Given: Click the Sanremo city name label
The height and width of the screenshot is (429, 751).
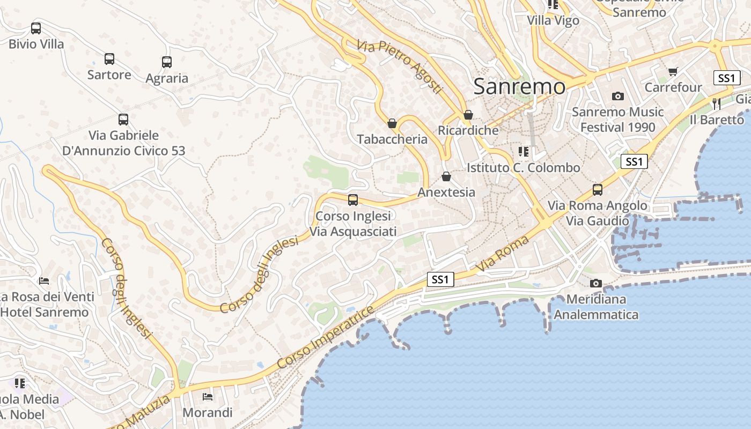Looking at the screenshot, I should pyautogui.click(x=519, y=86).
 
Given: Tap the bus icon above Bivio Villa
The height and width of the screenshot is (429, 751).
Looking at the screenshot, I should pyautogui.click(x=36, y=28).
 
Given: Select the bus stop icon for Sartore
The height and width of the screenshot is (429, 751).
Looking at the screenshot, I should pyautogui.click(x=109, y=59).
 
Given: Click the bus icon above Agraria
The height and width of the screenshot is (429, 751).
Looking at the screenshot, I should pyautogui.click(x=167, y=62).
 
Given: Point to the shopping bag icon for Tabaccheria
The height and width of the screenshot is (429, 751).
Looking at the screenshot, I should pyautogui.click(x=392, y=123).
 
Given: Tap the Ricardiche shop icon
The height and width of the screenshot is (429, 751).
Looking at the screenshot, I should pyautogui.click(x=468, y=115).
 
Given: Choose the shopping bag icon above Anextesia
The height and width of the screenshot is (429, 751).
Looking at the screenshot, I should pyautogui.click(x=446, y=176).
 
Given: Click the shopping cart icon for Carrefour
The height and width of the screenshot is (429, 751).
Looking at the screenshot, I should pyautogui.click(x=673, y=71).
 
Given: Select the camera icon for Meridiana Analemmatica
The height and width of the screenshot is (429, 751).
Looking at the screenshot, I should pyautogui.click(x=595, y=283).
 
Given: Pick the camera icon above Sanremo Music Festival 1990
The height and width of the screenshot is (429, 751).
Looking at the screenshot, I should pyautogui.click(x=618, y=97).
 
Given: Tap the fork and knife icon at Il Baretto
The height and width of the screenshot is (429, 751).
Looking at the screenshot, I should pyautogui.click(x=717, y=103).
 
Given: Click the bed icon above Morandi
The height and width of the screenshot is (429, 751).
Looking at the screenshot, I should pyautogui.click(x=208, y=397).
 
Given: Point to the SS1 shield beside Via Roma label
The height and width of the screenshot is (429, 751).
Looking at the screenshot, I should pyautogui.click(x=440, y=279).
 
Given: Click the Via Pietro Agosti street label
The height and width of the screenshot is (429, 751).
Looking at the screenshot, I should pyautogui.click(x=400, y=66).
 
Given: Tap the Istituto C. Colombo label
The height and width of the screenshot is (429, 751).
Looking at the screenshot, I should pyautogui.click(x=523, y=167).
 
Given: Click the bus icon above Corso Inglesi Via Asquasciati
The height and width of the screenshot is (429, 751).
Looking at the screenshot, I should pyautogui.click(x=353, y=200).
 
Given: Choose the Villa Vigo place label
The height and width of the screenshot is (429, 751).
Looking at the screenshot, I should pyautogui.click(x=553, y=20).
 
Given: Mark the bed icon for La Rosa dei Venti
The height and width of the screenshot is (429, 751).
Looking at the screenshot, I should pyautogui.click(x=44, y=281).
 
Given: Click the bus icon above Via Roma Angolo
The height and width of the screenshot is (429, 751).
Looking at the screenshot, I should pyautogui.click(x=598, y=190).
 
